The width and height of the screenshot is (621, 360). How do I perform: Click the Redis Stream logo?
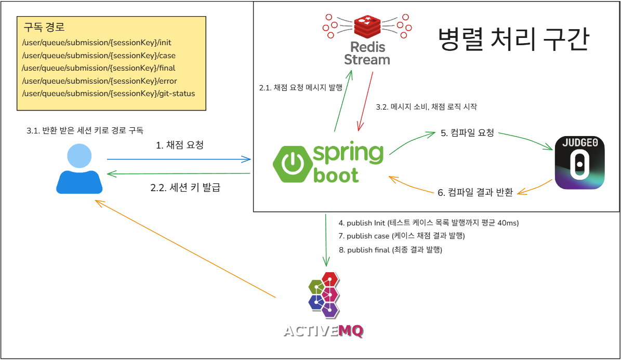pyautogui.click(x=367, y=39)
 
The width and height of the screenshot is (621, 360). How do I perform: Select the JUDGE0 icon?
pyautogui.click(x=579, y=163)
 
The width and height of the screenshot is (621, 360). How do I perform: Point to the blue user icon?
pyautogui.click(x=80, y=169)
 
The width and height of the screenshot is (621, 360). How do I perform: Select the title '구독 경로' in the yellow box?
pyautogui.click(x=44, y=27)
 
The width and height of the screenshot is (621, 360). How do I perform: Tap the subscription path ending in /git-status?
pyautogui.click(x=109, y=94)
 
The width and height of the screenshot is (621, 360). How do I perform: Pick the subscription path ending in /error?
pyautogui.click(x=99, y=81)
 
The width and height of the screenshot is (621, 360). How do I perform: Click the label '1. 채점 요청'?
pyautogui.click(x=180, y=145)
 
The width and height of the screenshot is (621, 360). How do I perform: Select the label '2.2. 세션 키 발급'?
pyautogui.click(x=185, y=188)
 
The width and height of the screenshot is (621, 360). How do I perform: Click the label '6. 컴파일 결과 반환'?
pyautogui.click(x=475, y=193)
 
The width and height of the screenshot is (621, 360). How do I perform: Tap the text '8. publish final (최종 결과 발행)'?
pyautogui.click(x=390, y=250)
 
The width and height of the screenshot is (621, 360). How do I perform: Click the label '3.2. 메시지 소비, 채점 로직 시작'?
pyautogui.click(x=426, y=107)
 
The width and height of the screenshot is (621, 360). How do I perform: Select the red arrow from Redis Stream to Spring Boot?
pyautogui.click(x=365, y=101)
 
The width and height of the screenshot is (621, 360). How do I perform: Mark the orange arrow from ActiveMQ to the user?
pyautogui.click(x=184, y=250)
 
